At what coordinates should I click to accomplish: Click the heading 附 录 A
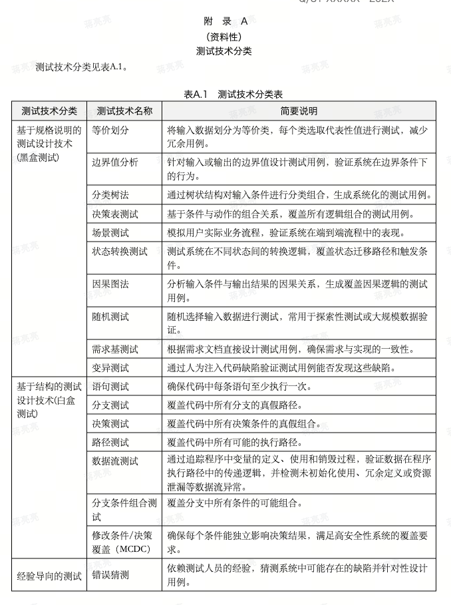pos(225,21)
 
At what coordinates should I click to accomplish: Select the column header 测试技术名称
pos(124,111)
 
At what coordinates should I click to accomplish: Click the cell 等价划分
pos(110,130)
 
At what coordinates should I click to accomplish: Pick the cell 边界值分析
pos(115,162)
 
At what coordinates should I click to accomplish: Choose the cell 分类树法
pos(110,195)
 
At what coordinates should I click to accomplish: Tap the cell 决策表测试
pos(115,214)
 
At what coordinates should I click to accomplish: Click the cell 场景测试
pos(110,232)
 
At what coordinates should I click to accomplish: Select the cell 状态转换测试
pos(120,252)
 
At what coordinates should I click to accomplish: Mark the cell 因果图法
pos(110,284)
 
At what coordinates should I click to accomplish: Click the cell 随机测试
pos(110,317)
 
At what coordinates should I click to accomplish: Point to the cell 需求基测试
pos(115,349)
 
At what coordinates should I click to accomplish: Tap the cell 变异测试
pos(110,367)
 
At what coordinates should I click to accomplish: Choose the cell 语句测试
pos(110,386)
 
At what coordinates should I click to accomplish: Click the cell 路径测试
pos(110,442)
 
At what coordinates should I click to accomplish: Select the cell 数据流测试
pos(115,461)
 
